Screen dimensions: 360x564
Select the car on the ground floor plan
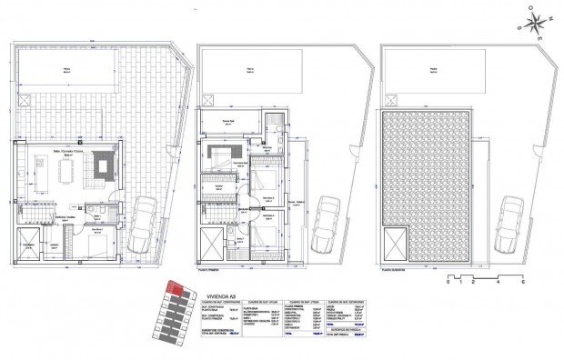pos(145,225)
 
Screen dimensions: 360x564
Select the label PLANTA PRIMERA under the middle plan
pos(211,270)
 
